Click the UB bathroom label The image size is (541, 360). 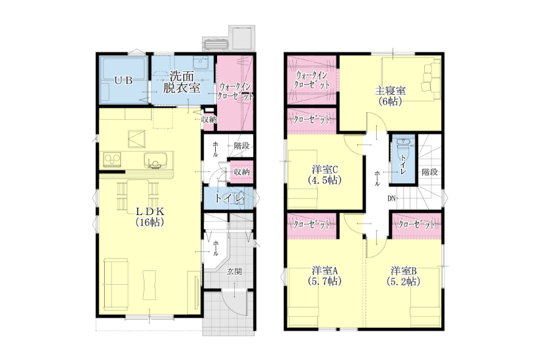point(123,80)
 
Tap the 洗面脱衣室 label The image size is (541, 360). point(181,82)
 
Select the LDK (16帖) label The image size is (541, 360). point(150,216)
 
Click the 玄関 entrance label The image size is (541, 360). point(234,272)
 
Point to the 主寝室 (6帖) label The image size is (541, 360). point(390,96)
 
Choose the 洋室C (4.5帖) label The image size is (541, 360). point(325,175)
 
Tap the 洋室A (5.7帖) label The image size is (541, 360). point(325,276)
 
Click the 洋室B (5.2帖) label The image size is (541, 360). point(403,276)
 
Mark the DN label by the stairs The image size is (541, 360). point(391,198)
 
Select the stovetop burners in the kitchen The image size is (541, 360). point(112,160)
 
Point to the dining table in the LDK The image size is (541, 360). point(138,195)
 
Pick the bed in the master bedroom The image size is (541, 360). point(411,79)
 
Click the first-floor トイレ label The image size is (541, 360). point(229,198)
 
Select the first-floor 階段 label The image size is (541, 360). point(241,146)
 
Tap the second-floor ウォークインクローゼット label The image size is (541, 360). point(311,80)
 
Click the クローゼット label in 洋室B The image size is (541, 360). point(416,225)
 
